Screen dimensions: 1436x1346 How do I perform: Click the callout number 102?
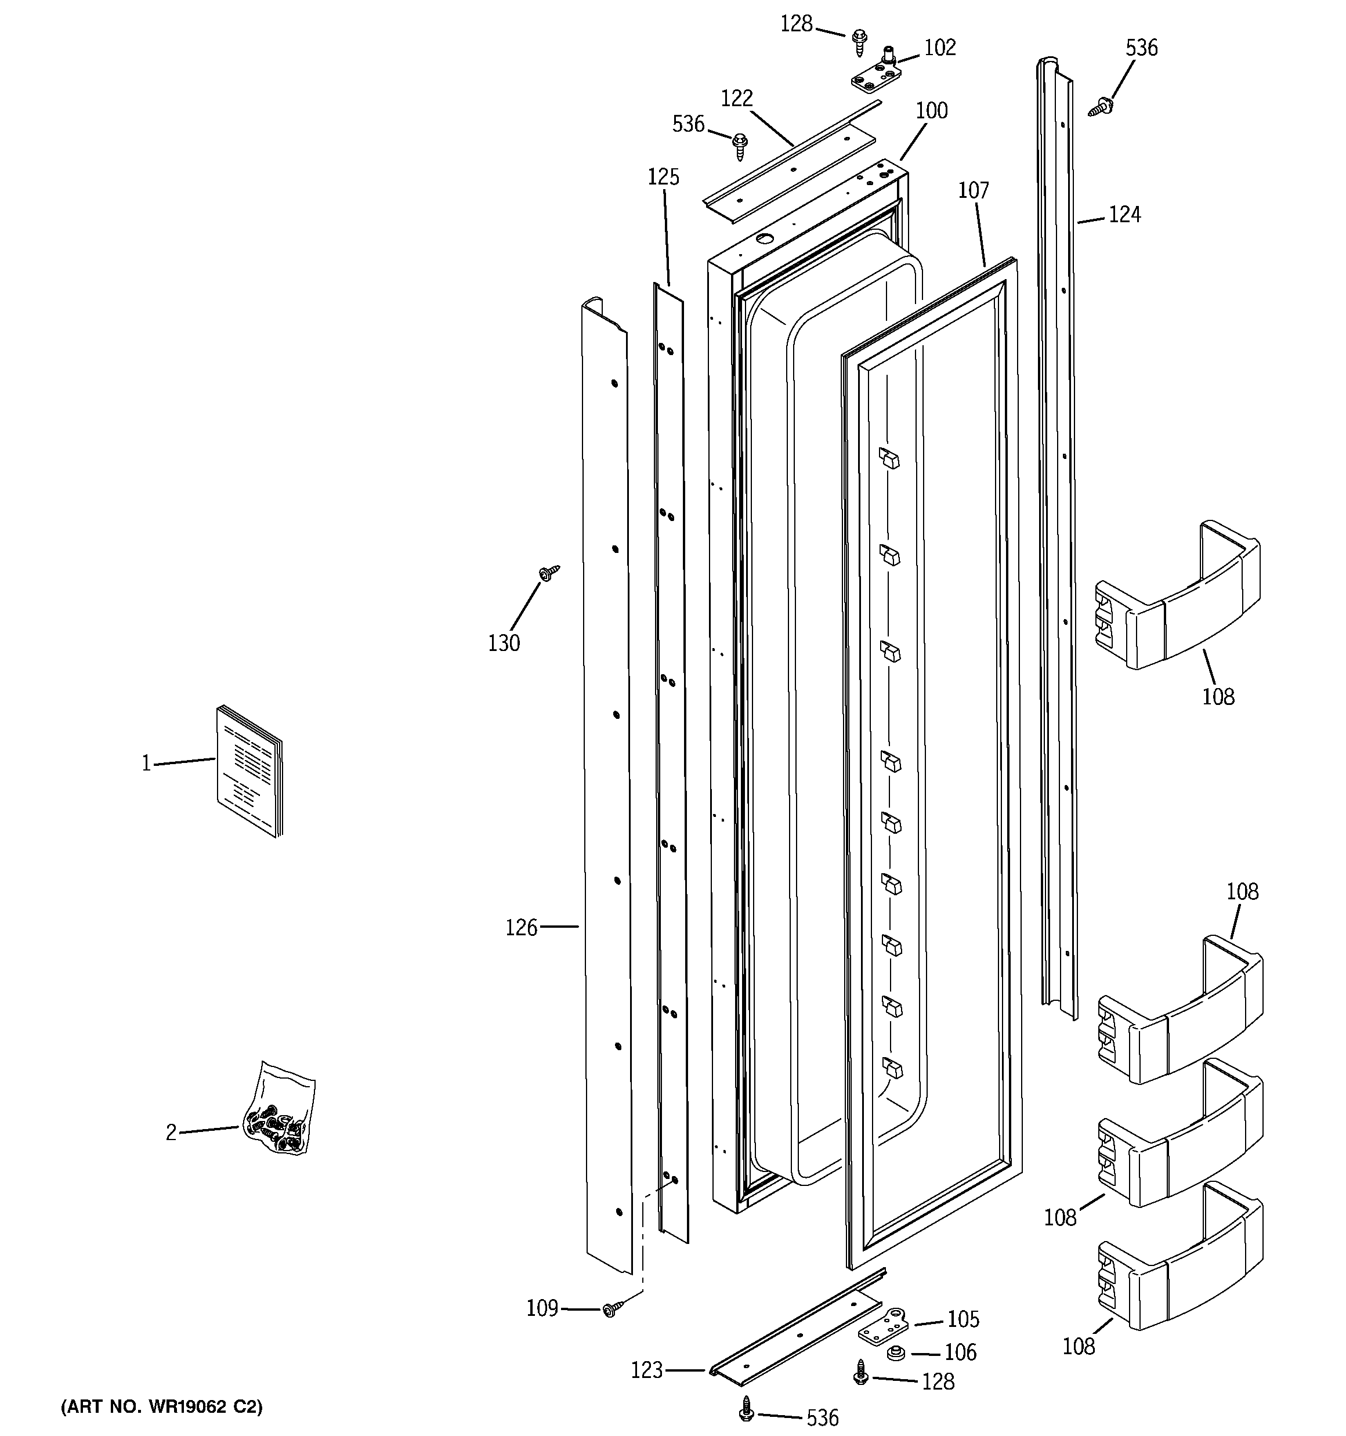click(939, 48)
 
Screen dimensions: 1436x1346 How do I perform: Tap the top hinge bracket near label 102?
click(875, 78)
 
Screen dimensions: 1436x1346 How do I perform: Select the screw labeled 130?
click(549, 573)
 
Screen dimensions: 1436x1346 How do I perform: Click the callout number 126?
click(521, 928)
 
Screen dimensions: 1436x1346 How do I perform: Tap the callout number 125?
click(663, 177)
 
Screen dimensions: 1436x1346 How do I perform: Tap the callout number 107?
click(972, 191)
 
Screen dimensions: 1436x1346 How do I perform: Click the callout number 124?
click(1124, 215)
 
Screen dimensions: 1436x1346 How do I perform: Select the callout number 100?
click(931, 110)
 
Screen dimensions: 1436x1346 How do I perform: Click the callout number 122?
click(736, 98)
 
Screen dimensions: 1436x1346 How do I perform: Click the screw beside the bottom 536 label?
click(746, 1406)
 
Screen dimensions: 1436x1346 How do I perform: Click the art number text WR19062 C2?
click(162, 1406)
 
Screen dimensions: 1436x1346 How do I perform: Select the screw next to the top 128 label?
click(860, 42)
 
